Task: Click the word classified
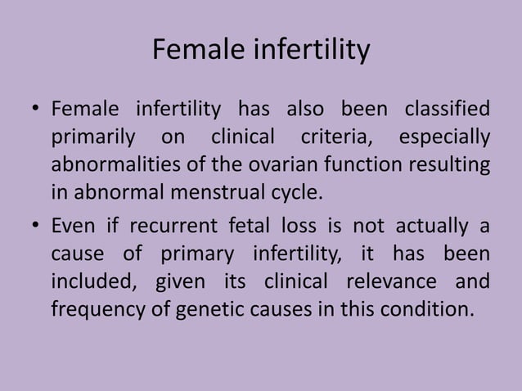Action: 446,109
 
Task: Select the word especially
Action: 444,137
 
